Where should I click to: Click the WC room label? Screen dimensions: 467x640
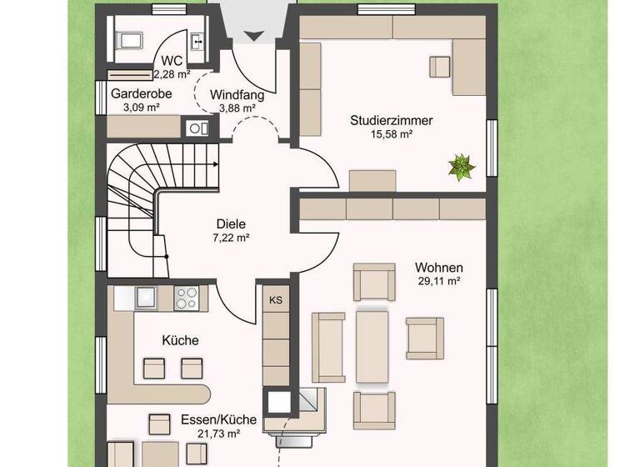(172, 60)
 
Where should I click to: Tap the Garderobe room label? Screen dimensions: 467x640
(142, 93)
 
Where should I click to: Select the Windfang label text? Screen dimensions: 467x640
(237, 94)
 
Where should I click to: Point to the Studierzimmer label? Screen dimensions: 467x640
(392, 120)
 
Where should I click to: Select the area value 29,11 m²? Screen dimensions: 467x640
(439, 282)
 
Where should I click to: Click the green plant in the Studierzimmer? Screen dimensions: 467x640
(460, 166)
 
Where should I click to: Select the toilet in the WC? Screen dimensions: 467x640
(129, 38)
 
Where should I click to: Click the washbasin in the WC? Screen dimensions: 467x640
(198, 39)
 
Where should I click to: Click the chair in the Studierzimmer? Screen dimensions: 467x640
(439, 65)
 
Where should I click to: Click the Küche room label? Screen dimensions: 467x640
(180, 340)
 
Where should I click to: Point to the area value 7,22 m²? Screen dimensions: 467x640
(232, 237)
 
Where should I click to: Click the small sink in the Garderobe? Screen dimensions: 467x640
(197, 128)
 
